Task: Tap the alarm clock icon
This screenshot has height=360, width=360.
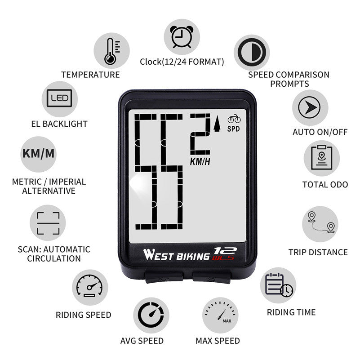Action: pos(181,36)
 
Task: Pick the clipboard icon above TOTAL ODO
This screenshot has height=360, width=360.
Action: pos(321,158)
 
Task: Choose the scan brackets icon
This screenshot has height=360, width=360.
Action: pos(48,223)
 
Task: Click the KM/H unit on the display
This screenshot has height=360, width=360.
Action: pos(200,161)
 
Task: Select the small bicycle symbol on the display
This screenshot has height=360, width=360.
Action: pos(234,119)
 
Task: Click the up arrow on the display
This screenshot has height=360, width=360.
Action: pos(218,123)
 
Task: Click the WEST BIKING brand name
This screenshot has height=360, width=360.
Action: pos(177,255)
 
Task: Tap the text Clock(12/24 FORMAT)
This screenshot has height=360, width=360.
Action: pos(182,62)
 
